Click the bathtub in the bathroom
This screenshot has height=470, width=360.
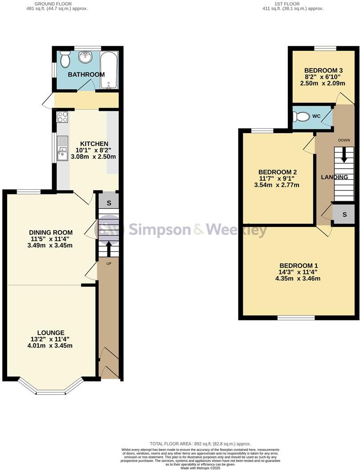click(x=109, y=70)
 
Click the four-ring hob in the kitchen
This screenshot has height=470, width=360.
click(x=62, y=117)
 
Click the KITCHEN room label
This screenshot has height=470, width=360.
click(x=94, y=144)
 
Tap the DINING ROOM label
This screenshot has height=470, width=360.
click(x=50, y=232)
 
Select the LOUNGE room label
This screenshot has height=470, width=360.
click(x=50, y=332)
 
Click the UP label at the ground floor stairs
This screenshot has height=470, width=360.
click(x=108, y=264)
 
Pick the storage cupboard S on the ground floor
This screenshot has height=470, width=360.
click(x=108, y=203)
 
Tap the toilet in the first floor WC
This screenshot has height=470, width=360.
click(x=302, y=117)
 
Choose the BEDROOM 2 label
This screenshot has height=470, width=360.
click(x=278, y=172)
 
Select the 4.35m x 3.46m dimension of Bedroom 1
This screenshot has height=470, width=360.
click(x=298, y=279)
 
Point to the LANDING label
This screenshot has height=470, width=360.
click(x=335, y=177)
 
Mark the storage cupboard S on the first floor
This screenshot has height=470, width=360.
click(x=344, y=215)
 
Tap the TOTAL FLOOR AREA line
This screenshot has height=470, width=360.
click(x=200, y=444)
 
